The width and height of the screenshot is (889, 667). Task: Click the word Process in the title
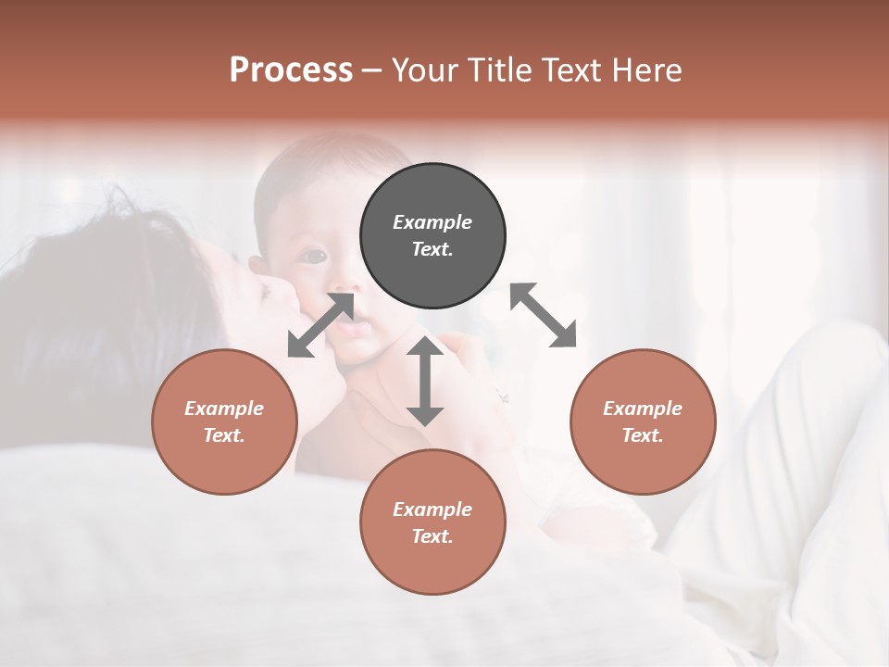(291, 70)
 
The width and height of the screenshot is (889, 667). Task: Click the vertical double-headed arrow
(425, 381)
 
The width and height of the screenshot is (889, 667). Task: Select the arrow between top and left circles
(320, 325)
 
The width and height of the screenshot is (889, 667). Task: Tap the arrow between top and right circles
(543, 315)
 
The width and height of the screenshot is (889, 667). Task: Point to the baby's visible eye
(315, 255)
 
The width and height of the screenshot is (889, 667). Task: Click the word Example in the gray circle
(432, 222)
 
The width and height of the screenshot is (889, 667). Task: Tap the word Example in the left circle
(224, 409)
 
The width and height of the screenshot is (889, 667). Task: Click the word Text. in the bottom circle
(432, 536)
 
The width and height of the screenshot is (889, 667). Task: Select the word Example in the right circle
(643, 409)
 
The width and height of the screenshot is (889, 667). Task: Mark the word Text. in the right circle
(643, 435)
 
